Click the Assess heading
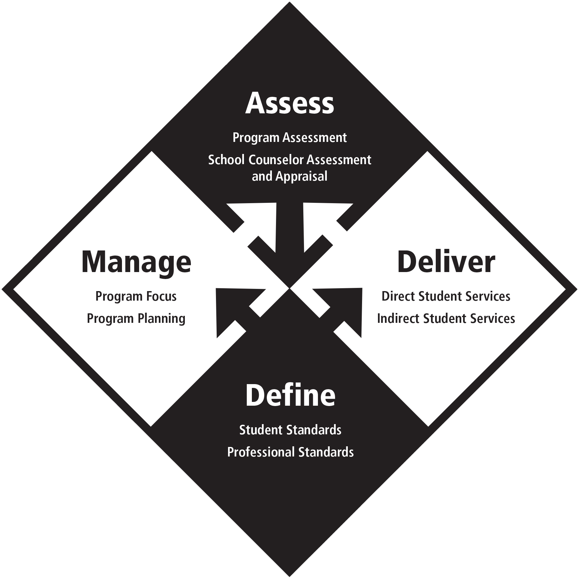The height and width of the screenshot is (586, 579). (x=289, y=103)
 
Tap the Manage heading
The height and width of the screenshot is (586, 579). (x=136, y=262)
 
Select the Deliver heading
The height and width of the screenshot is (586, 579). (x=446, y=262)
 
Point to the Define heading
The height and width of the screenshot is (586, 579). (x=290, y=396)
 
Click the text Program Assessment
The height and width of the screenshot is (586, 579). (x=289, y=138)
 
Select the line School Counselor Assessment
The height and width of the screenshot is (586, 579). (x=289, y=160)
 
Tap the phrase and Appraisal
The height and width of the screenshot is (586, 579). (x=289, y=176)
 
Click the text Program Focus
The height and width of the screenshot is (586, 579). (x=136, y=296)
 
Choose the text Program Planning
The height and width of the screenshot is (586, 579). (x=136, y=318)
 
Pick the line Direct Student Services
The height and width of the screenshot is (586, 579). (x=446, y=296)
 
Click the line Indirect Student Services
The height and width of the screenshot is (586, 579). (x=446, y=318)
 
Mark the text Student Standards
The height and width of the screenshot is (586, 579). (x=290, y=430)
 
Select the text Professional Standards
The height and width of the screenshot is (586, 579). (x=290, y=452)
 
